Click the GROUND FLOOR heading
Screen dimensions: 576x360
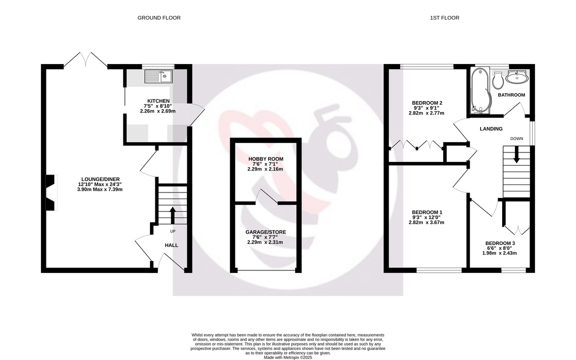159,17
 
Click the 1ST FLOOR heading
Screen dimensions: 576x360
445,17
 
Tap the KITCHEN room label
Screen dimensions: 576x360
158,101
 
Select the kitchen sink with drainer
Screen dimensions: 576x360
158,76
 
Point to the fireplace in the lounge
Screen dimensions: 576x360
50,192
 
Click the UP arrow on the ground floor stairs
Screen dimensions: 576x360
172,215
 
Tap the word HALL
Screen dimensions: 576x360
171,245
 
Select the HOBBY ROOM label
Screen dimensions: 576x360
266,159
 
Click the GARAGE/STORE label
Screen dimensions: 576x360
266,232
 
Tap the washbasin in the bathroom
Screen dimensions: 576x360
517,77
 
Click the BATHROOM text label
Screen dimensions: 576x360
512,95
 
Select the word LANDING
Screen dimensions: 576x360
491,128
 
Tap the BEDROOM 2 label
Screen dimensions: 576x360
427,102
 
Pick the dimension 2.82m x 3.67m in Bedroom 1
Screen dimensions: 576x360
427,222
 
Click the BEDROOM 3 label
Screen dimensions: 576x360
500,243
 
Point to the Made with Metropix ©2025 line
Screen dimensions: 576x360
288,357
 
